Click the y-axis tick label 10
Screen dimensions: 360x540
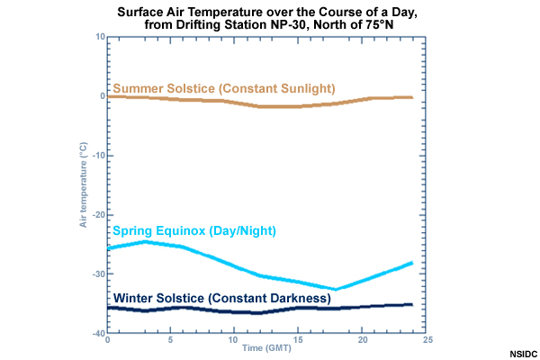[100, 37]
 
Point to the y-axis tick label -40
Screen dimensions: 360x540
[98, 333]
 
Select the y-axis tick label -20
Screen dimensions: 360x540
[98, 214]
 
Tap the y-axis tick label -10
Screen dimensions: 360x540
[98, 155]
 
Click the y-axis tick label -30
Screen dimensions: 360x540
[98, 274]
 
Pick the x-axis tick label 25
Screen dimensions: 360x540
[428, 341]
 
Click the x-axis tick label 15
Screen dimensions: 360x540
[301, 341]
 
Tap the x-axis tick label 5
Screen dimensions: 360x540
[171, 341]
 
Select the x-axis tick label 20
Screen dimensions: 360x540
[364, 341]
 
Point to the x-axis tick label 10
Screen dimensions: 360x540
[236, 341]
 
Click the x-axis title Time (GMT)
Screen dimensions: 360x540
[267, 349]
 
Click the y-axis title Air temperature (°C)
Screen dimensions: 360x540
[83, 185]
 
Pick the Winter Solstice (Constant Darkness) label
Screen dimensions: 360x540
[222, 298]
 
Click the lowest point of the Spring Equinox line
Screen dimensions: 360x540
[336, 289]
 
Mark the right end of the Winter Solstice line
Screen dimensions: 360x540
[411, 305]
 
